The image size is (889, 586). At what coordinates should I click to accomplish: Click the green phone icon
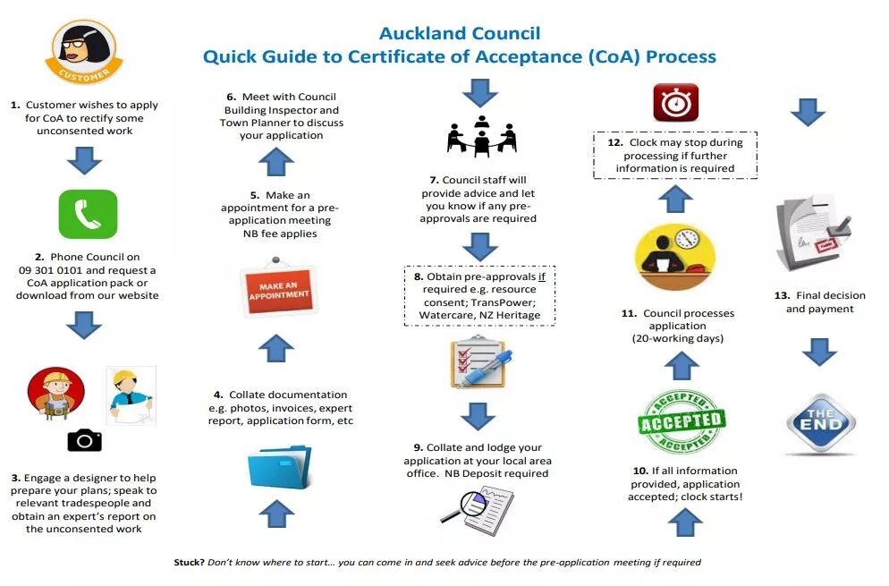(88, 214)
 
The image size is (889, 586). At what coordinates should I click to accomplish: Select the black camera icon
(85, 439)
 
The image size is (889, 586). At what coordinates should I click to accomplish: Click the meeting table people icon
(482, 135)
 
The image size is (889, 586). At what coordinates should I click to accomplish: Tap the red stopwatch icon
(675, 102)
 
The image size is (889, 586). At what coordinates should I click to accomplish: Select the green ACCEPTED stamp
(682, 420)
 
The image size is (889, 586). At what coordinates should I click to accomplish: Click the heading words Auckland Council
(460, 34)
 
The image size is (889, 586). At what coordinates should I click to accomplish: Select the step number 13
(782, 295)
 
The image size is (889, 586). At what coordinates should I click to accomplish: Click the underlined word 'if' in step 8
(541, 276)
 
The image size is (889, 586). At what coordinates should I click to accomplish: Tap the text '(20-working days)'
(678, 338)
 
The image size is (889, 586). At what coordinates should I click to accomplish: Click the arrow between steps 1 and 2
(85, 160)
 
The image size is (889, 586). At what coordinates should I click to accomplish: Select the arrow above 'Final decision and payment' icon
(808, 112)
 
